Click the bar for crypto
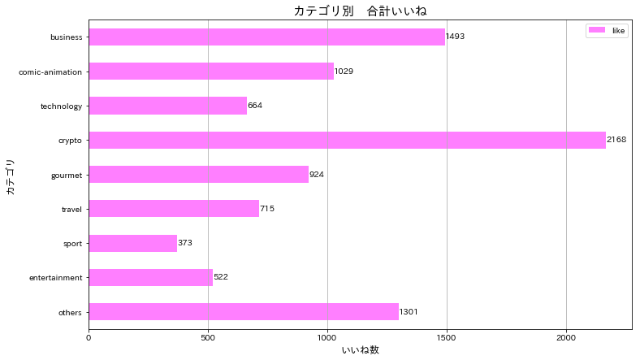pyautogui.click(x=347, y=140)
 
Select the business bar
pyautogui.click(x=266, y=37)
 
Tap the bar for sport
pyautogui.click(x=132, y=243)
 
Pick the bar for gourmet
pyautogui.click(x=198, y=174)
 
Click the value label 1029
pyautogui.click(x=344, y=72)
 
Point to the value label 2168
pyautogui.click(x=616, y=140)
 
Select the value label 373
pyautogui.click(x=185, y=243)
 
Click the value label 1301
pyautogui.click(x=409, y=312)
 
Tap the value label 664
pyautogui.click(x=255, y=106)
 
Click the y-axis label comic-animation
pyautogui.click(x=50, y=72)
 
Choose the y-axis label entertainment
pyautogui.click(x=56, y=278)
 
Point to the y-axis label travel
pyautogui.click(x=72, y=209)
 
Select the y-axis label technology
pyautogui.click(x=62, y=106)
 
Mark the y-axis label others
pyautogui.click(x=71, y=312)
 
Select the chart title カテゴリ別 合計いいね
pyautogui.click(x=360, y=11)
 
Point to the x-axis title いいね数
pyautogui.click(x=360, y=350)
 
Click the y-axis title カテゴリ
pyautogui.click(x=10, y=175)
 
